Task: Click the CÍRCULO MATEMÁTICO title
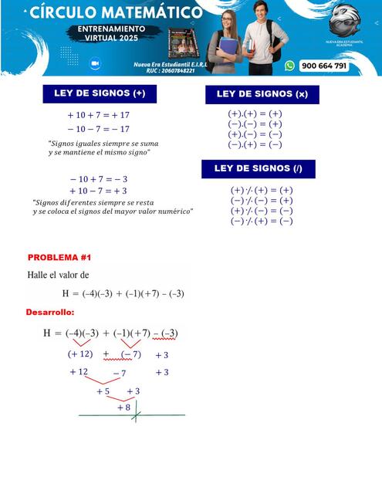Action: pos(117,12)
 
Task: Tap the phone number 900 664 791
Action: pos(323,66)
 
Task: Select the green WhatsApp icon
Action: pos(289,66)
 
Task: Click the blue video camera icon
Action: pos(97,63)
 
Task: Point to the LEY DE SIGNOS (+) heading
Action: pos(100,93)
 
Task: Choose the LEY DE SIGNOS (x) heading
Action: pos(262,94)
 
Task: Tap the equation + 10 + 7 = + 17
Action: pos(98,115)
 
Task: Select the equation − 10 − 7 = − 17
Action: pos(98,129)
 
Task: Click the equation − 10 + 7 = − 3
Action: pos(98,178)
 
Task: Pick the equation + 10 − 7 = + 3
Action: pos(98,191)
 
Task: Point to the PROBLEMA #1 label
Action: pos(59,257)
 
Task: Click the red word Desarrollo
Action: pos(49,312)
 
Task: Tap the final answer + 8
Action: pos(123,407)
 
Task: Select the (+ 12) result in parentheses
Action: pos(80,354)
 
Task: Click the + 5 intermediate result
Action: pos(103,391)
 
